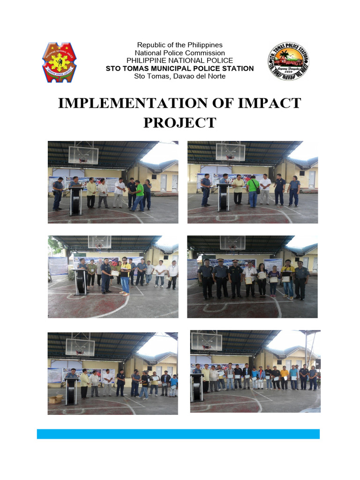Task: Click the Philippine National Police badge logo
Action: coord(60,62)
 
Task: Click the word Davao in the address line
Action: coord(185,76)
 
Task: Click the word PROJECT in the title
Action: coord(180,123)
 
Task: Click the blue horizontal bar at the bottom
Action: coord(178,434)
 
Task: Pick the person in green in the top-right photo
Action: coord(253,190)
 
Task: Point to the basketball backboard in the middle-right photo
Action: coord(232,242)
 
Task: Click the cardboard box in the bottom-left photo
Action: coord(56,399)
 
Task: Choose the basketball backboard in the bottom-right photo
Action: coord(206,341)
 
